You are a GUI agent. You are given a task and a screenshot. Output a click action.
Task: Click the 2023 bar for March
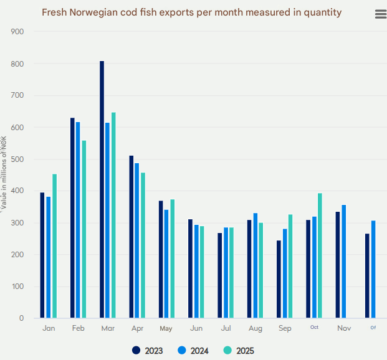click(102, 189)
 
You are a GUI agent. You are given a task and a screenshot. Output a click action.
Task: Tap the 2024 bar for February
click(78, 220)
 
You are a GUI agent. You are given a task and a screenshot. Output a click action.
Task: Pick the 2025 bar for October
click(320, 255)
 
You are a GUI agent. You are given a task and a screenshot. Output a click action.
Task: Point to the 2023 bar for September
click(279, 279)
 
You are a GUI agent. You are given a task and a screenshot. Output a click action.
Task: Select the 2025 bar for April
click(143, 245)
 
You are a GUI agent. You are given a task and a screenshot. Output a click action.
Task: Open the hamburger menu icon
click(381, 15)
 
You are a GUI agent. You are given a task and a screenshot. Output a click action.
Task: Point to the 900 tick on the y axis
click(17, 32)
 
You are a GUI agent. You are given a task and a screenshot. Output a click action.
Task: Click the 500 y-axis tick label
click(17, 159)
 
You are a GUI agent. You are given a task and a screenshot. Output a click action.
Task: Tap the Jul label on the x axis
click(226, 328)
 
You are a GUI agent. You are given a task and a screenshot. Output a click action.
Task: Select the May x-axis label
click(166, 328)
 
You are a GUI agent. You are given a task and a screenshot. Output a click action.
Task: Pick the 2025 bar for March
click(113, 215)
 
